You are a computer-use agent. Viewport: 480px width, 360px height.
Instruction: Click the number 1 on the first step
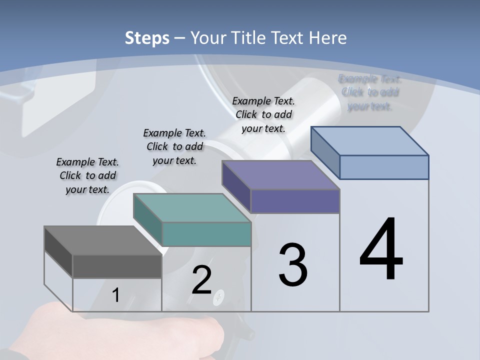(116, 295)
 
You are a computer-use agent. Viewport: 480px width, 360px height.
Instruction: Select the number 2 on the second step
(201, 280)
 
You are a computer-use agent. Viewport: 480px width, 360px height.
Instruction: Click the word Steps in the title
(147, 38)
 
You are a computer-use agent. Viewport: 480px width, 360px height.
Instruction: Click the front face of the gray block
(117, 266)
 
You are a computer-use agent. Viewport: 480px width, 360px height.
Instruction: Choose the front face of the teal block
(206, 234)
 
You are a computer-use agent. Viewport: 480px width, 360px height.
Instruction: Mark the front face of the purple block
(295, 201)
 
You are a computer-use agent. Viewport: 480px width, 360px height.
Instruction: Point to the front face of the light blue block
(384, 167)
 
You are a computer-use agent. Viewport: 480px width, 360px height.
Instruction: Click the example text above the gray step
(87, 175)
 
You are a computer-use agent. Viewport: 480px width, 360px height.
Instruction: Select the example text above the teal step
(174, 146)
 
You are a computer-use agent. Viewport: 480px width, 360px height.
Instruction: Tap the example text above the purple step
(263, 114)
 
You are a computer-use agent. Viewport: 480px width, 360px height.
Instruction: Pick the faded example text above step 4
(370, 92)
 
